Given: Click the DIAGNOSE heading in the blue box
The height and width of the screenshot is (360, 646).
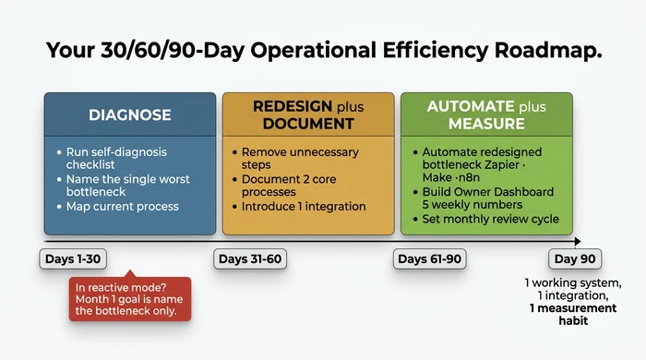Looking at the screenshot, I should (x=129, y=114).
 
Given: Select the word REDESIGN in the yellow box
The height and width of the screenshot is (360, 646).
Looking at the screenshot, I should (x=287, y=106).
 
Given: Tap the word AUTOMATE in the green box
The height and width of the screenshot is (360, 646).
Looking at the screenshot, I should (x=471, y=106).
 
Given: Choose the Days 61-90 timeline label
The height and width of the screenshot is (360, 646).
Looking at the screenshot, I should (x=428, y=258).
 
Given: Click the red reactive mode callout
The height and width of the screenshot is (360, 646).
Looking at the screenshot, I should (x=130, y=298).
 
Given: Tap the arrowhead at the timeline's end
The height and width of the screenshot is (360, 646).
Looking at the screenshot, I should (x=577, y=242).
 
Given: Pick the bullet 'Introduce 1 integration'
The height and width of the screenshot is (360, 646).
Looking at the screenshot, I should (x=304, y=206).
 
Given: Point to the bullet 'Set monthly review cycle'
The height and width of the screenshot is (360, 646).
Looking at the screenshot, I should (x=491, y=220).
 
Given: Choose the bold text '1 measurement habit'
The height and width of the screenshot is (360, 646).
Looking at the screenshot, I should (x=559, y=315).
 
